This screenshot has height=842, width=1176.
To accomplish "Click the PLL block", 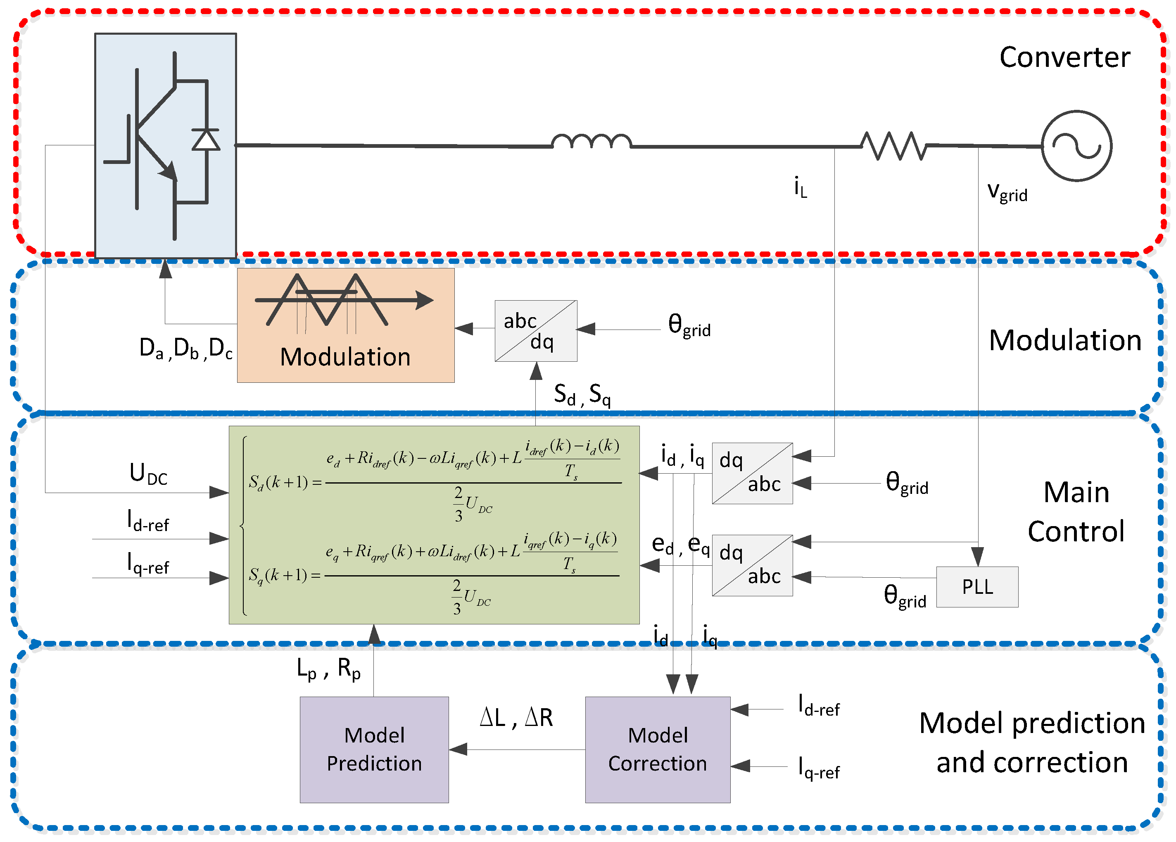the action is coord(977,587).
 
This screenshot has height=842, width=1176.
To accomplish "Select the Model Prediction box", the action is coord(374,750).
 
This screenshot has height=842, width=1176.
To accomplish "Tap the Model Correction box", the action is coord(658,750).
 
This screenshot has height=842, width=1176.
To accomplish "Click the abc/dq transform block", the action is coord(536,331).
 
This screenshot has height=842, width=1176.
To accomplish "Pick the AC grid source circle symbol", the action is coord(1077,146).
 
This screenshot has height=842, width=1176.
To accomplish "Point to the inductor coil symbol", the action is coord(591,141).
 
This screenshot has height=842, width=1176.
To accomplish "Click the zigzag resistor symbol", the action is coord(893,146).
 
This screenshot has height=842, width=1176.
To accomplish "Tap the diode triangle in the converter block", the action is coord(206,140).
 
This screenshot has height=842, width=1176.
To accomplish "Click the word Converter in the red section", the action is coord(1064,57).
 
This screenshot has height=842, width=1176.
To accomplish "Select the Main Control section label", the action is coord(1076,512).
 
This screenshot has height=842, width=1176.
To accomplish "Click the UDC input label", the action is coord(148,474).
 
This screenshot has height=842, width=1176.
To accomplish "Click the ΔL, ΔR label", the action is coord(516,718).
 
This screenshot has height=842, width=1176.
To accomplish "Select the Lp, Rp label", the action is coord(328,669).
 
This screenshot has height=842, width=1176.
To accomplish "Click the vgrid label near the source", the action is coord(1007,192).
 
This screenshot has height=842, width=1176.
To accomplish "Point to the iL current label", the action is coord(801,187).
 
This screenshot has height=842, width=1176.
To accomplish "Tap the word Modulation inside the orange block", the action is coord(345,357).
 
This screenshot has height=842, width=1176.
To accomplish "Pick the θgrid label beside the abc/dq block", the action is coord(689,325).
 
